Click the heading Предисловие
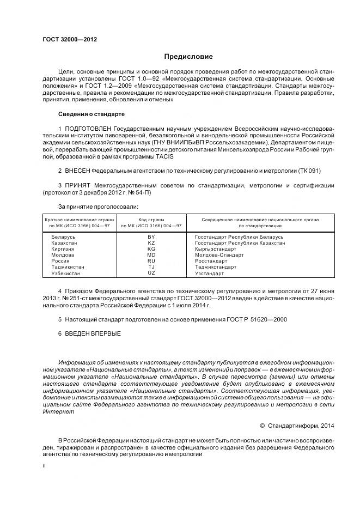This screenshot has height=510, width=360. tap(188, 57)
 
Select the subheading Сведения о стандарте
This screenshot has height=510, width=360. tap(91, 114)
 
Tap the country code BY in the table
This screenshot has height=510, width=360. tap(151, 237)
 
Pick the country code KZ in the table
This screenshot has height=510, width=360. tap(151, 243)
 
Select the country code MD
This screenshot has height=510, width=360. tap(151, 255)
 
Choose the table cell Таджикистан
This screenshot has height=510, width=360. tap(68, 267)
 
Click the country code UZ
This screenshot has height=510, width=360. tap(151, 273)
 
